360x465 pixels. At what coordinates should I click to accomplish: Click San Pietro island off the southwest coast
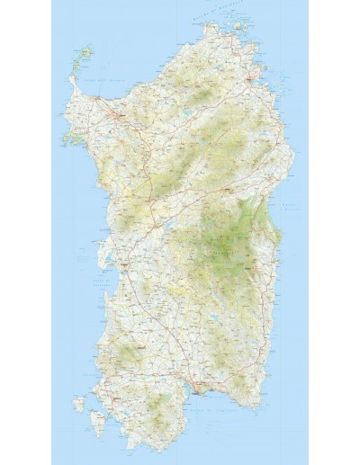pos(78,406)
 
